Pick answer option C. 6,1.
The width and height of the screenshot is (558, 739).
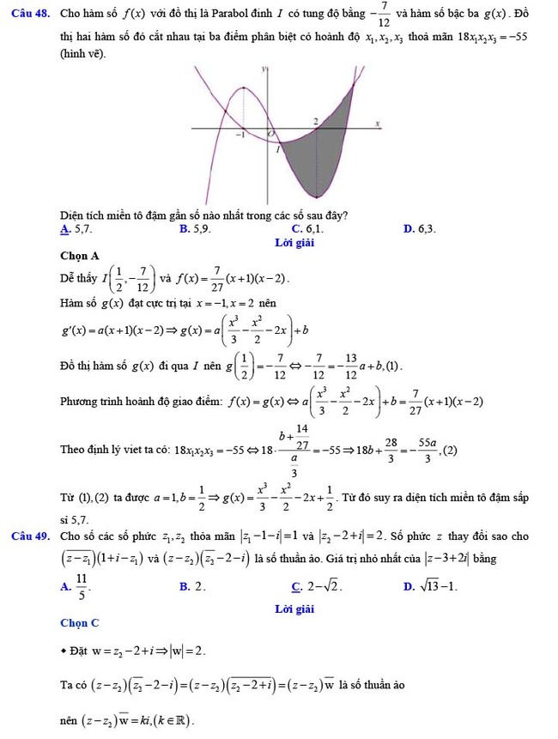[307, 229]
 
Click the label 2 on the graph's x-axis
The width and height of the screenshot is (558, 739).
[315, 121]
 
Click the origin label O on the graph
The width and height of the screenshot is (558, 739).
[272, 135]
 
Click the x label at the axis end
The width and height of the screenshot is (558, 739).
[377, 124]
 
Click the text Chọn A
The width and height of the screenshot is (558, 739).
[80, 256]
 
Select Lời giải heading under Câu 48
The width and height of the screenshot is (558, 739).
[294, 243]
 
